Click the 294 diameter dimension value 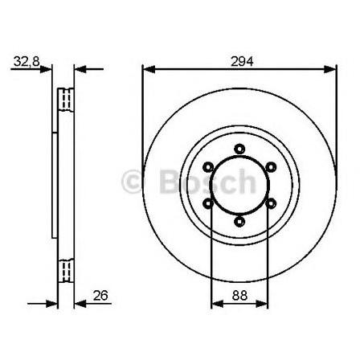tap(242, 62)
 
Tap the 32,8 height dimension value tap(27, 62)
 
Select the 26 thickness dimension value tap(100, 295)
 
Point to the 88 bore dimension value tap(239, 296)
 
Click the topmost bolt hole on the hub tap(239, 149)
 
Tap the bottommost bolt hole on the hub tap(239, 221)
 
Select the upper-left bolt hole tap(208, 167)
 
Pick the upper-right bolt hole tap(271, 167)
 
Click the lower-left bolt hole tap(208, 203)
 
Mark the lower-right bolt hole tap(271, 203)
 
